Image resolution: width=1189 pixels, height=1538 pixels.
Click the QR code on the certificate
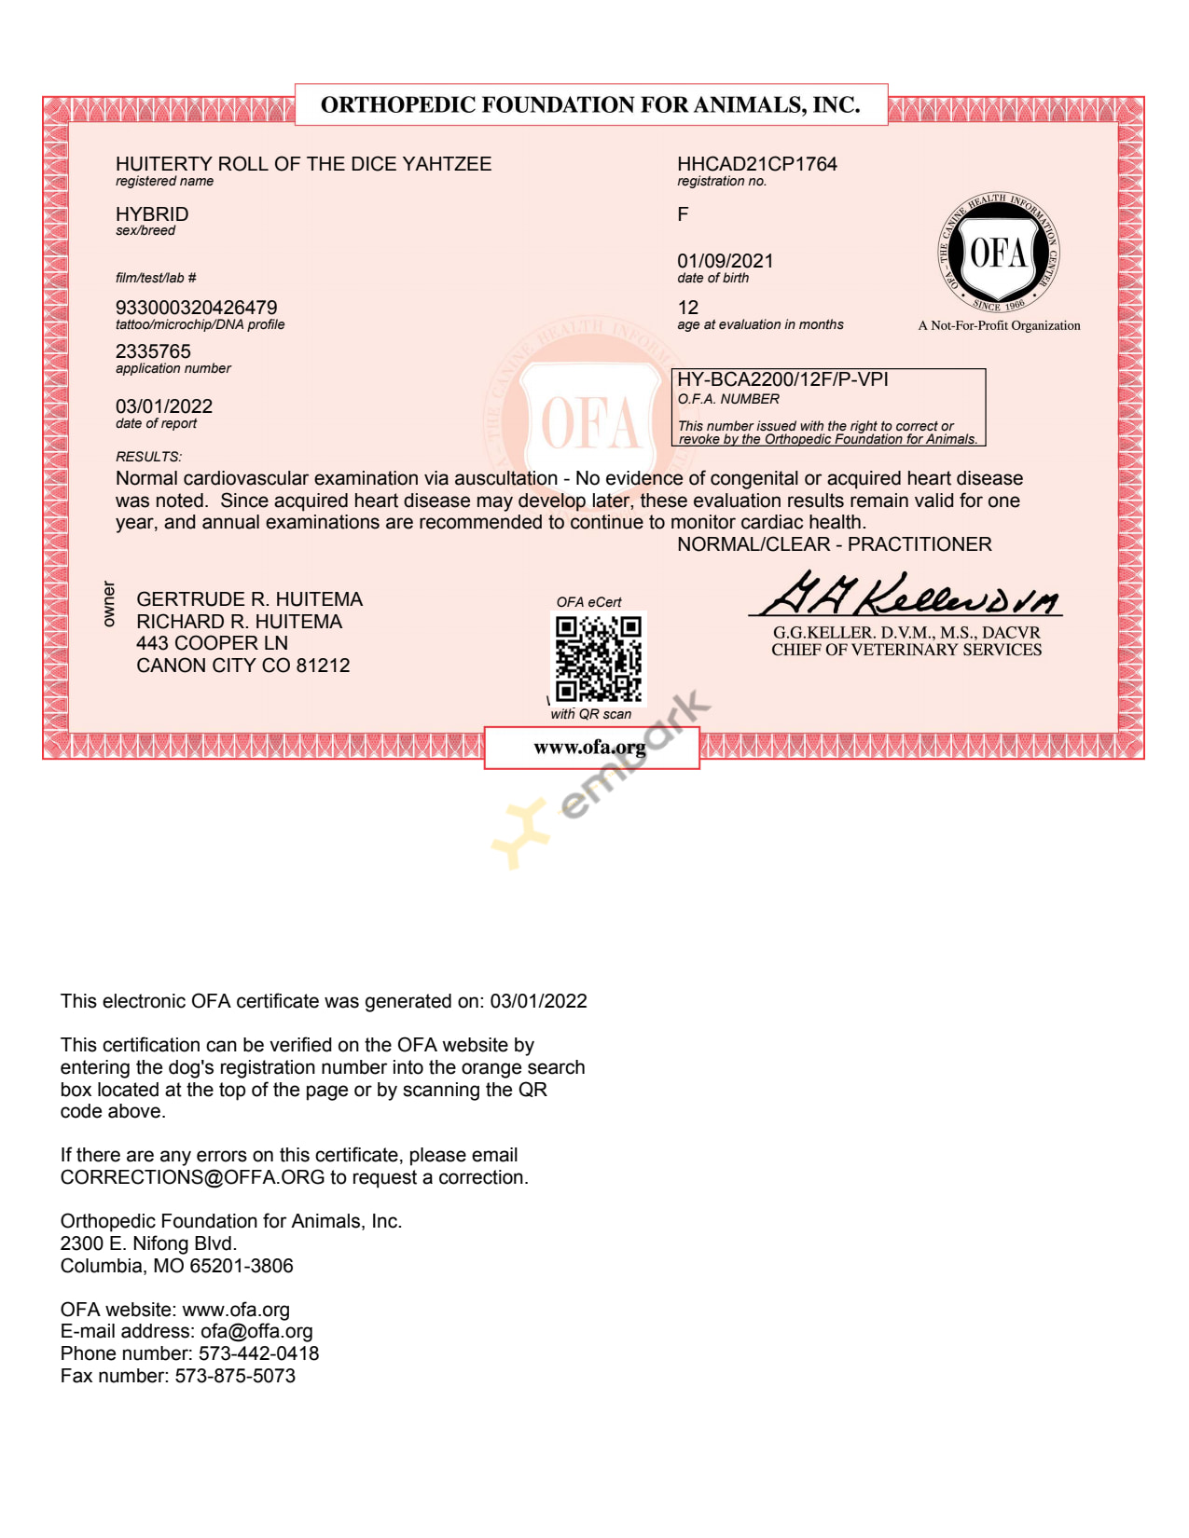599,658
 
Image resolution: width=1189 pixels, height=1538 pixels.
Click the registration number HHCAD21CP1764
756,164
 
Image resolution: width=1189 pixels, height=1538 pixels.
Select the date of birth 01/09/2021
725,261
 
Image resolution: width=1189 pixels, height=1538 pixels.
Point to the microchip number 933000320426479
196,308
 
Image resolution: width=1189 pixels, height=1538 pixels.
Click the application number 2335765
153,351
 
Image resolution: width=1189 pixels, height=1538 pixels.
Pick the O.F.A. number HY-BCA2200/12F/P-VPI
781,379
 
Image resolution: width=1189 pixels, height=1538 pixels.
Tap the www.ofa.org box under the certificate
590,748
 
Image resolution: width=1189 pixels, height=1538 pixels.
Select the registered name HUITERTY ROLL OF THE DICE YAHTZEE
303,164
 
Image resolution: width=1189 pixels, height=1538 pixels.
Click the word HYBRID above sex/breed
152,214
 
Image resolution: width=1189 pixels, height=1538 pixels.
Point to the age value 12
688,308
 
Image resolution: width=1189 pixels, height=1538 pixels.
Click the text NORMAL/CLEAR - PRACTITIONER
834,544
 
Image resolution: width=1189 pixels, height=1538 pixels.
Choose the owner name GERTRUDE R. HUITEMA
249,599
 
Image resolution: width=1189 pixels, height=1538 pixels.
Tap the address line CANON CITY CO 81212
242,666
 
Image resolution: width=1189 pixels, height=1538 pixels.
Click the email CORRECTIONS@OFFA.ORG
192,1177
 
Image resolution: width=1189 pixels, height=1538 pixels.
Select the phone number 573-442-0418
258,1353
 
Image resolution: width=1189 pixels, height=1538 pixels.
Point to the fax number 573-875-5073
235,1376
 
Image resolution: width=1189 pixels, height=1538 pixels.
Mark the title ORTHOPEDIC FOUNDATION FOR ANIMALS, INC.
590,104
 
